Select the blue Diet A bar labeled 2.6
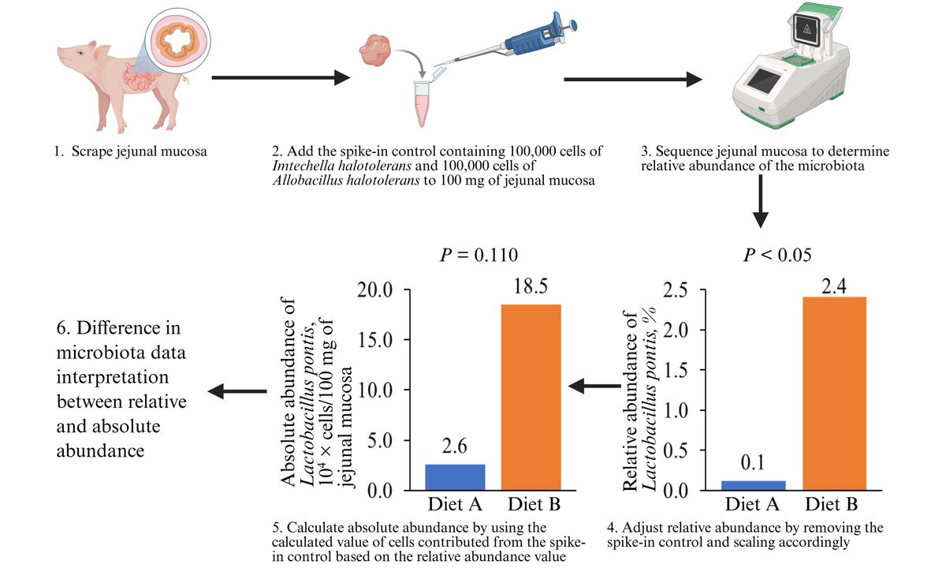click(x=456, y=477)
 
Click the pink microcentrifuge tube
click(x=425, y=103)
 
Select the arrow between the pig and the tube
click(x=281, y=78)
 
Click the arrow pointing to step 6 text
click(x=236, y=390)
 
